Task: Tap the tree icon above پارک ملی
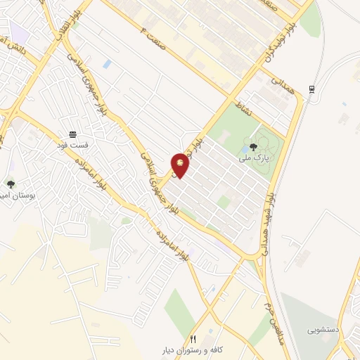click(x=253, y=147)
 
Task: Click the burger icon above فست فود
click(x=72, y=134)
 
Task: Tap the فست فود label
click(x=72, y=144)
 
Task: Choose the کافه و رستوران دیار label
click(x=193, y=349)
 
